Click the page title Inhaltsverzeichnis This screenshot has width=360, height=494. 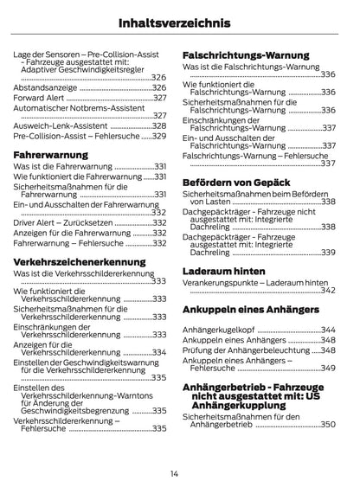pyautogui.click(x=180, y=21)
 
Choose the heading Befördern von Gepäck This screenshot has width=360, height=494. pyautogui.click(x=235, y=183)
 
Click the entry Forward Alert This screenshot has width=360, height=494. pyautogui.click(x=40, y=99)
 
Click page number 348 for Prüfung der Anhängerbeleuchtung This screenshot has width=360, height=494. pyautogui.click(x=327, y=350)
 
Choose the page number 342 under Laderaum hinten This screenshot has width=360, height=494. pyautogui.click(x=327, y=291)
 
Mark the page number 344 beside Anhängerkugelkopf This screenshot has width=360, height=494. pyautogui.click(x=327, y=330)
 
